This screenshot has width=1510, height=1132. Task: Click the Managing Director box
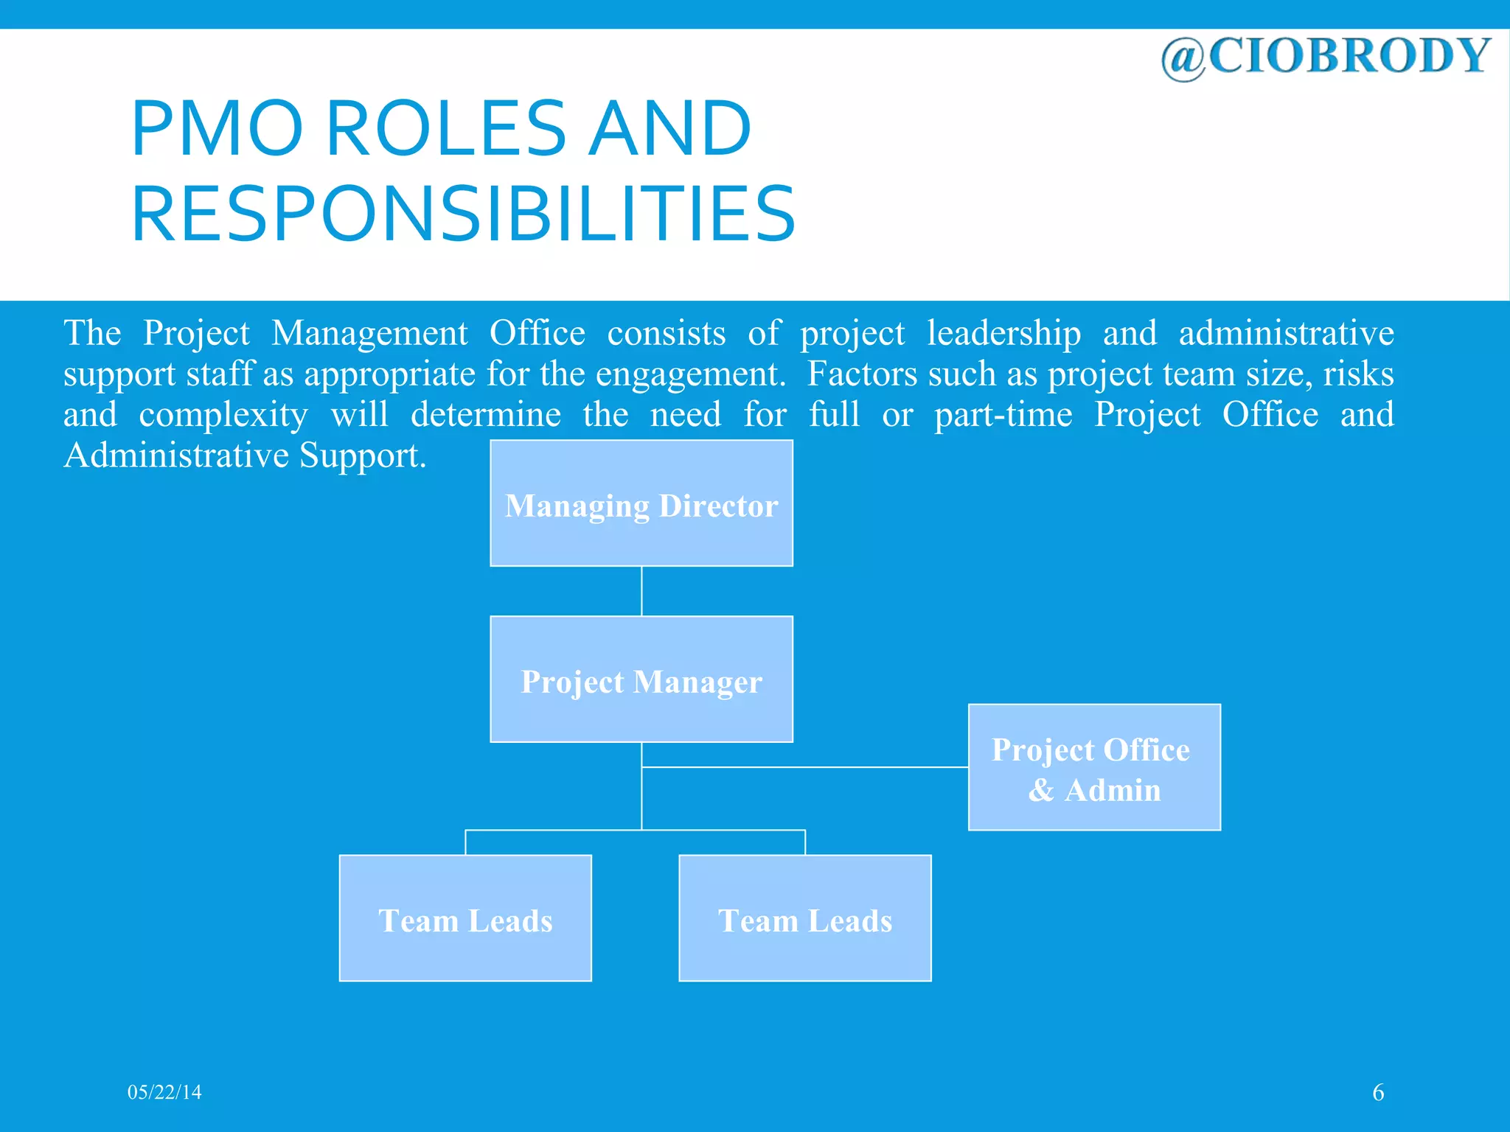(641, 504)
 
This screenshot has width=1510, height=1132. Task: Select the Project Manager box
(641, 679)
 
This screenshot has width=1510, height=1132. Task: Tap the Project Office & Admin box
(1094, 767)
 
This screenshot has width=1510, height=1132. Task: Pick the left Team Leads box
(465, 918)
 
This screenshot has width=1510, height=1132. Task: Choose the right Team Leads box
(805, 918)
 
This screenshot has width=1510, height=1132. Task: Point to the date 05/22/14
(164, 1092)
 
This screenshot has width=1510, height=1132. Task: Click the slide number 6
(1378, 1092)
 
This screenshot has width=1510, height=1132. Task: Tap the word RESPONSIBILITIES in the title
(463, 214)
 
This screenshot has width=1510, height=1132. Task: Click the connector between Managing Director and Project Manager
(641, 591)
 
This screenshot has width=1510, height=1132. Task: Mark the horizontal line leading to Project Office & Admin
(804, 767)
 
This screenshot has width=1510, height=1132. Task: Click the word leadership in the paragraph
(1003, 333)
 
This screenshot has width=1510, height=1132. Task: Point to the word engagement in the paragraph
(690, 374)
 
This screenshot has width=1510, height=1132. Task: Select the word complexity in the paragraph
(223, 415)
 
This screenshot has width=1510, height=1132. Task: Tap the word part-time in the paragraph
(1003, 415)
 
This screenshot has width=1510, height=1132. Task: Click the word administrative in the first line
(1286, 333)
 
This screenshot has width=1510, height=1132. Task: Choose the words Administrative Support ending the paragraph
(245, 455)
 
